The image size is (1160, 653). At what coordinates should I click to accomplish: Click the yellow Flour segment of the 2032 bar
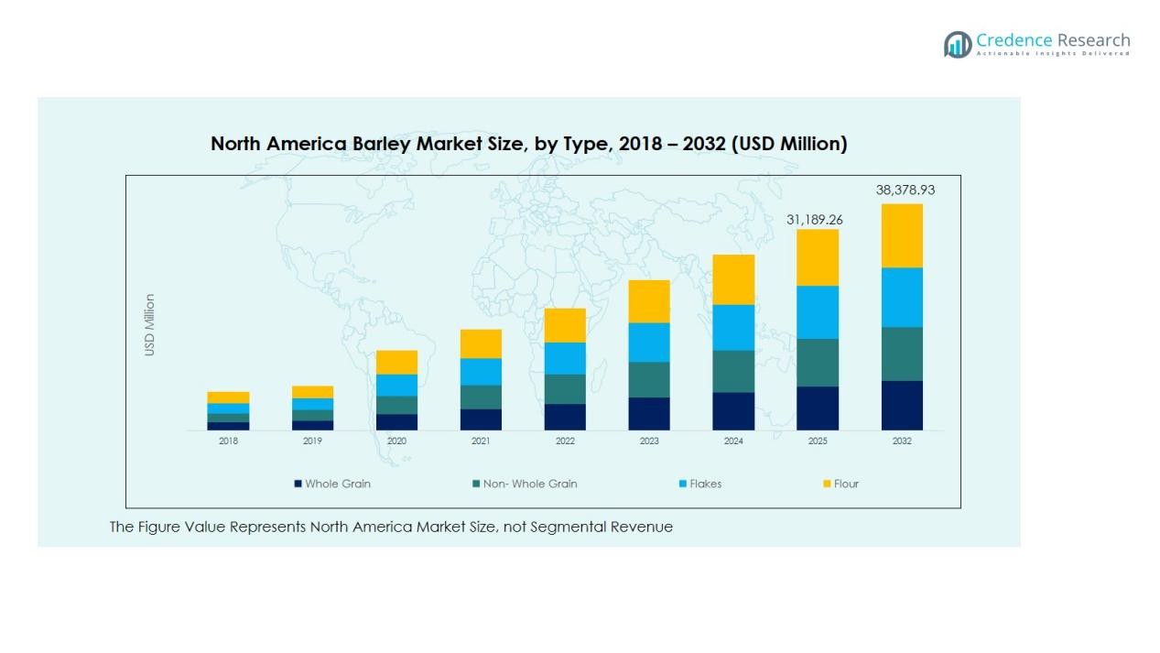pos(902,235)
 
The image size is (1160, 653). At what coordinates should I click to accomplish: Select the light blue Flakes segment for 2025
pos(818,312)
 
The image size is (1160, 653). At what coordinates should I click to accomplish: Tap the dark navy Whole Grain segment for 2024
pos(733,411)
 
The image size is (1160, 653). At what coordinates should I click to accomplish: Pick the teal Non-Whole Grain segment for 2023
pos(649,379)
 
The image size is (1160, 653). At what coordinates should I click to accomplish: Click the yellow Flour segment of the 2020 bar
pos(396,362)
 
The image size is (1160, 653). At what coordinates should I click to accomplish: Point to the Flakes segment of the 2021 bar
pos(481,372)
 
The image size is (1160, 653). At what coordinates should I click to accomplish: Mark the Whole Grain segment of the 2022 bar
pos(565,417)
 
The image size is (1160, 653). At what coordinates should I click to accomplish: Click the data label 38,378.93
pos(905,190)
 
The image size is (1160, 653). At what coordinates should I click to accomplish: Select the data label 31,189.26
pos(815,220)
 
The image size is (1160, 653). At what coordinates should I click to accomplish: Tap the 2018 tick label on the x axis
pos(228,441)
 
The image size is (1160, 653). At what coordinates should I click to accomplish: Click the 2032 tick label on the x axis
pos(902,441)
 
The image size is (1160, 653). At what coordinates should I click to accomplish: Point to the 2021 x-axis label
pos(481,441)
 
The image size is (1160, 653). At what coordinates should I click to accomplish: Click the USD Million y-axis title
pos(150,324)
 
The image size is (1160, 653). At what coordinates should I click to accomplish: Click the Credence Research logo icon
pos(958,44)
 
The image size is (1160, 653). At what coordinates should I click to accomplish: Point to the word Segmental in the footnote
pos(580,527)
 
